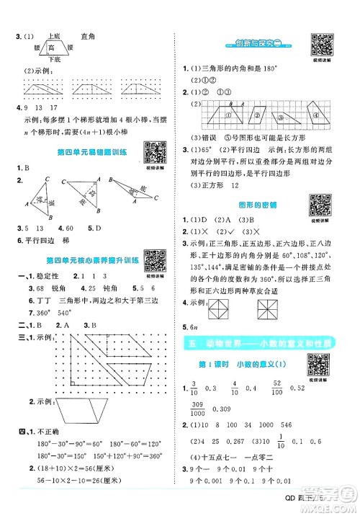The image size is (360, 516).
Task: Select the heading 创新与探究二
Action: coord(258,44)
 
